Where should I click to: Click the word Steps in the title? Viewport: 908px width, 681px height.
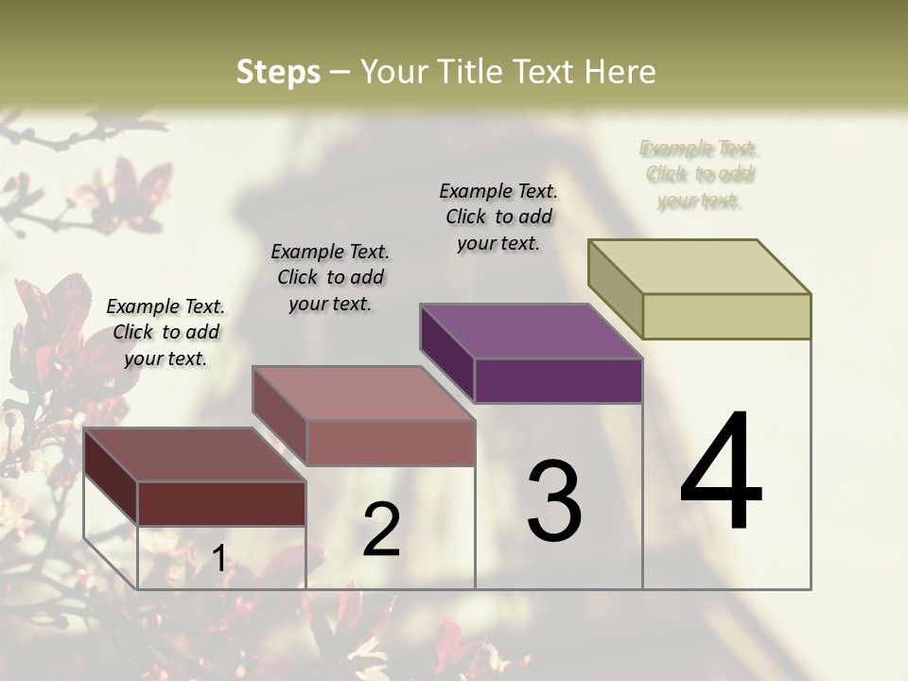tap(277, 72)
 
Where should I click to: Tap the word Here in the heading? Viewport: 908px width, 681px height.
tap(620, 72)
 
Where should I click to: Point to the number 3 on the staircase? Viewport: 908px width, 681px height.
tap(553, 501)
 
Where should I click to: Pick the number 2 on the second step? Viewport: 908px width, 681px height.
tap(381, 530)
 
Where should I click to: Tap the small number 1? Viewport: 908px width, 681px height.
tap(218, 558)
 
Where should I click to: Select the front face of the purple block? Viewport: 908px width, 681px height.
tap(558, 381)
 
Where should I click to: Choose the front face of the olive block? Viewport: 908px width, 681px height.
tap(726, 316)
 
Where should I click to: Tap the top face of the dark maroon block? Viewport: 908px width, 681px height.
tap(194, 455)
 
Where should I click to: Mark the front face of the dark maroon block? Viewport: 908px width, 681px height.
tap(221, 503)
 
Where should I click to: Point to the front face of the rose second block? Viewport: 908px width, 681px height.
tap(390, 443)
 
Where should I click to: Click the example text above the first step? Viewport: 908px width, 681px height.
tap(166, 332)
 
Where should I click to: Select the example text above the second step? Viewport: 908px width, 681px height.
tap(330, 277)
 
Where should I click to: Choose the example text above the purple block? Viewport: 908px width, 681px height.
tap(498, 217)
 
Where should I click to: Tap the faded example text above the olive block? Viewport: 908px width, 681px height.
tap(699, 174)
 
